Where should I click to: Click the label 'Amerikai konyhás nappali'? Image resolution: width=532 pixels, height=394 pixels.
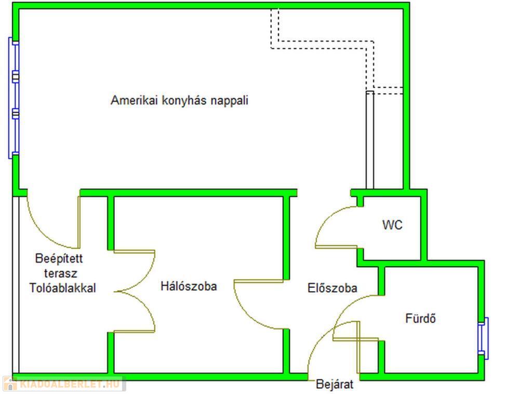click(x=179, y=100)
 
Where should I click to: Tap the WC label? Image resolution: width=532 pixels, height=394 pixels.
click(x=392, y=225)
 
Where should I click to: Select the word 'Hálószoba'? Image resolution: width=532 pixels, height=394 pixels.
click(x=189, y=286)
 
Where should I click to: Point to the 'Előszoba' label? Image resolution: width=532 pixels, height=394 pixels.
click(x=332, y=288)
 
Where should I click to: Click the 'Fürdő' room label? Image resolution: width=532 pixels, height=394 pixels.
click(x=420, y=318)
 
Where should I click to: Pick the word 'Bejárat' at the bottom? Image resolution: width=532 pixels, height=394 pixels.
click(x=335, y=384)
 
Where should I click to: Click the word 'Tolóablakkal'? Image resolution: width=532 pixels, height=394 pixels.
click(x=63, y=288)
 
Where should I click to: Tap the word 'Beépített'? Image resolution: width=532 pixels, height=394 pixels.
click(x=59, y=258)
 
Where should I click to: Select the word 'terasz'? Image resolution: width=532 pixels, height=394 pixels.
click(x=61, y=273)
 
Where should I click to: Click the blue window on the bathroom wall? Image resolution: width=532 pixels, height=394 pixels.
click(x=483, y=338)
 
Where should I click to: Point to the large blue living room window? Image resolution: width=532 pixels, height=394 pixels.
click(x=14, y=98)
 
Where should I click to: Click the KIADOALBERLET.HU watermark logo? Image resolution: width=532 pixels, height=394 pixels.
click(x=64, y=384)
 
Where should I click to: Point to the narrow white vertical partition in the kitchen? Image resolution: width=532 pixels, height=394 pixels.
click(x=370, y=140)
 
